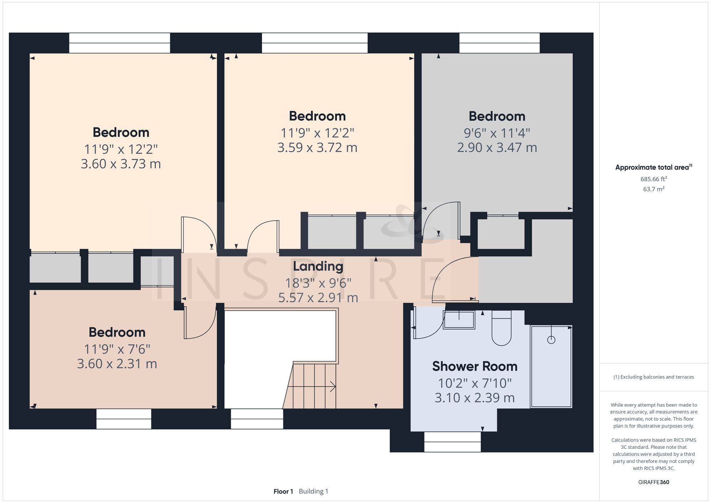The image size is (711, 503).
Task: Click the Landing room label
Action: [318, 267]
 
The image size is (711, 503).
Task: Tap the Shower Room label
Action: [475, 366]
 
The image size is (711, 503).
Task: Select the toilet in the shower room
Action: [502, 328]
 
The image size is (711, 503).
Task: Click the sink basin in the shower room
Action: [459, 320]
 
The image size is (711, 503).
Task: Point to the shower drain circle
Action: [551, 340]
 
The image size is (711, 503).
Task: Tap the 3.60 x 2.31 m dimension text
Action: [117, 364]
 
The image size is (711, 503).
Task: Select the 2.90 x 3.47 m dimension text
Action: [497, 148]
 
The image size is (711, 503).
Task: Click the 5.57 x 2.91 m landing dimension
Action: [318, 298]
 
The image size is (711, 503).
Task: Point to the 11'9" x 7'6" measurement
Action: [117, 349]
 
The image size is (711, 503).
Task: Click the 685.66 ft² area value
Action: [654, 179]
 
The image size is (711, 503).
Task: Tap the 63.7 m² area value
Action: [654, 189]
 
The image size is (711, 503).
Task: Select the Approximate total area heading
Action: [654, 167]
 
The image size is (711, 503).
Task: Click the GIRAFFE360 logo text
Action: [654, 482]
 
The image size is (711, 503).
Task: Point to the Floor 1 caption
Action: [283, 492]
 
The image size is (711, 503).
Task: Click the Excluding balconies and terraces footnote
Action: [654, 377]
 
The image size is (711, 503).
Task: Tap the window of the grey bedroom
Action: [499, 43]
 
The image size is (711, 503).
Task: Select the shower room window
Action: [453, 442]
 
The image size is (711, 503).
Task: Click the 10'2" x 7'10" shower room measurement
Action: [475, 383]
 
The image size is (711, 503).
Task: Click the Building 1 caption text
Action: [314, 492]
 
